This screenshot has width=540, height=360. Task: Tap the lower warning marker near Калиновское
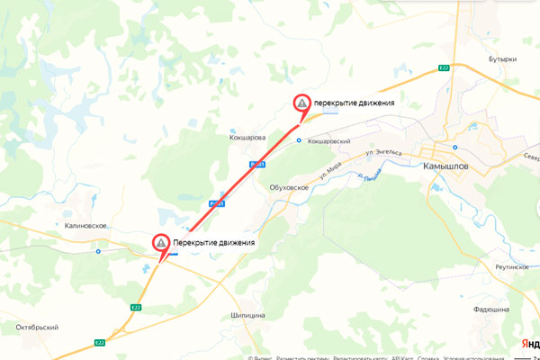[160, 242]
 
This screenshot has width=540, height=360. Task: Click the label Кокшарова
[247, 138]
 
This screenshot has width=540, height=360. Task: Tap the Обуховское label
[289, 187]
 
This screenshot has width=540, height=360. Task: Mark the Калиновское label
[86, 225]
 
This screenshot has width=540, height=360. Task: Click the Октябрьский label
[37, 328]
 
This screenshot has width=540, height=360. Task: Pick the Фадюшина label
[491, 309]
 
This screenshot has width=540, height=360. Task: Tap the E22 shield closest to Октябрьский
[98, 341]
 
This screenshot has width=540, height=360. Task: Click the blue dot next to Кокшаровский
[300, 141]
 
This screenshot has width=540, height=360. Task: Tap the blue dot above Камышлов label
[455, 147]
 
